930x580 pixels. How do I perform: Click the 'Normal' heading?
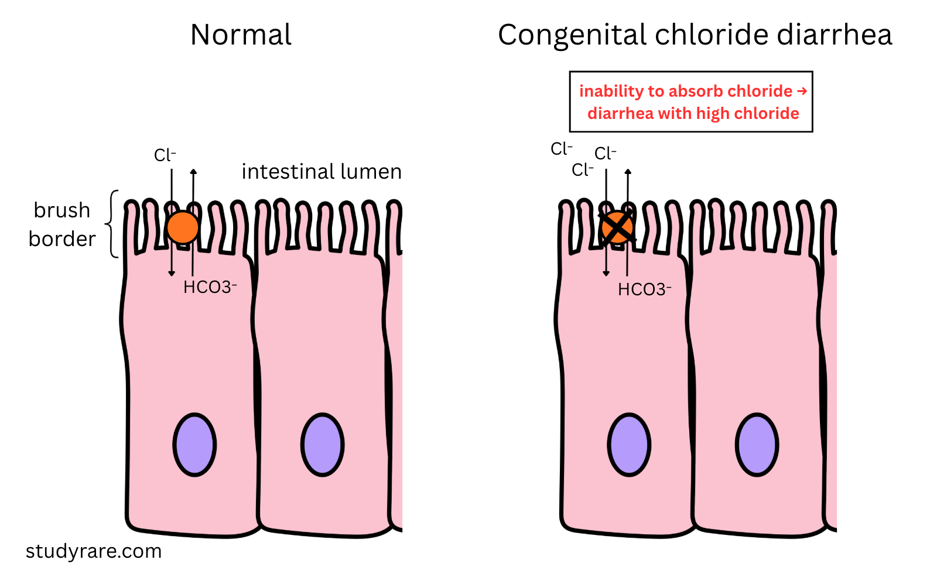(241, 35)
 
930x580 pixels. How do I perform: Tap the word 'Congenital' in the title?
(572, 35)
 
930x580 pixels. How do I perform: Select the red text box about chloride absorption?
(691, 102)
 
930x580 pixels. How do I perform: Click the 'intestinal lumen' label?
(322, 172)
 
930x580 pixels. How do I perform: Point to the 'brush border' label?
(62, 224)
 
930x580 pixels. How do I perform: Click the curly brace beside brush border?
(112, 224)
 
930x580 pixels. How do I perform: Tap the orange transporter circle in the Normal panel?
(183, 227)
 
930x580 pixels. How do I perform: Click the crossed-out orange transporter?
(617, 227)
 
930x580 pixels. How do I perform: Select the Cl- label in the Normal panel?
(165, 155)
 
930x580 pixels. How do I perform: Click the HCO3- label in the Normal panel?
(210, 287)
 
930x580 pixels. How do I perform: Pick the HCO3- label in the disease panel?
(644, 289)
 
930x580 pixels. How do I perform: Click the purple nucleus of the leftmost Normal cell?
(194, 445)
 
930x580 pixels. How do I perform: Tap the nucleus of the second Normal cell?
(322, 445)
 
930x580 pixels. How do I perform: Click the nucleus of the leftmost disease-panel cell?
(629, 445)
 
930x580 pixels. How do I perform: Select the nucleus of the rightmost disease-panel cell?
(757, 445)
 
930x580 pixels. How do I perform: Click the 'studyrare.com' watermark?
(94, 551)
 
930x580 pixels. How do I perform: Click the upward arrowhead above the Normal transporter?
(193, 172)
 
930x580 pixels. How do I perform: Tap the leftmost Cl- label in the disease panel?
(561, 149)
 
